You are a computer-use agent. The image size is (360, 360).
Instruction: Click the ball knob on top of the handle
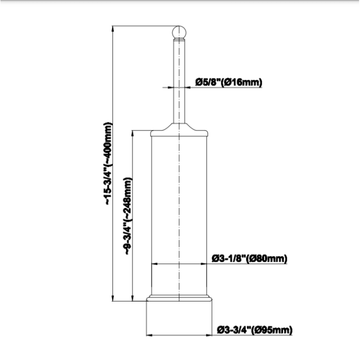pos(179,32)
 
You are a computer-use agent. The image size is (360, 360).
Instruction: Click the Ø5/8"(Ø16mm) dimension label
pos(228,82)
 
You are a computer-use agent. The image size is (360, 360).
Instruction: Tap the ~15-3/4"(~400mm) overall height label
pos(108,163)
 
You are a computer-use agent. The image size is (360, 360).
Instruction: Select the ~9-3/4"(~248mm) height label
pos(127,216)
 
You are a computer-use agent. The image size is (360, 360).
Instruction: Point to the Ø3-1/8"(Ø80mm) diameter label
pos(249,259)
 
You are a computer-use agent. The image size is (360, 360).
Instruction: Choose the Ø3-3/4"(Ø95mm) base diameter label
pos(255,330)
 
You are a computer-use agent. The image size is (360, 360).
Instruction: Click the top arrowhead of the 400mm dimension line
pos(112,28)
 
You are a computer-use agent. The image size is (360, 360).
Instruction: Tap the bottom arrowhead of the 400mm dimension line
pos(112,298)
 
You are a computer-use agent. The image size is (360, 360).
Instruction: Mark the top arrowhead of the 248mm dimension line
pos(132,133)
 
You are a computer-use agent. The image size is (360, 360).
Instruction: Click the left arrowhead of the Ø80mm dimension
pos(154,264)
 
